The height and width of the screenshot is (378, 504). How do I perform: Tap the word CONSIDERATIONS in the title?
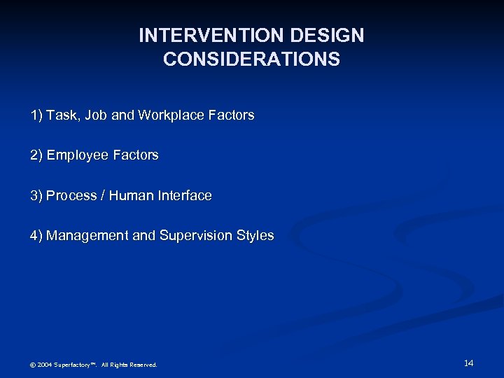251,59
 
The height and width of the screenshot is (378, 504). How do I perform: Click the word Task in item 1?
61,115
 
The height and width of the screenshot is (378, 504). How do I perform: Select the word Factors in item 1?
232,115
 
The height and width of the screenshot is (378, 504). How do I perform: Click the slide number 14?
468,363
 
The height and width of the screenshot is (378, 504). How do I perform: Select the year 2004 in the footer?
44,365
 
